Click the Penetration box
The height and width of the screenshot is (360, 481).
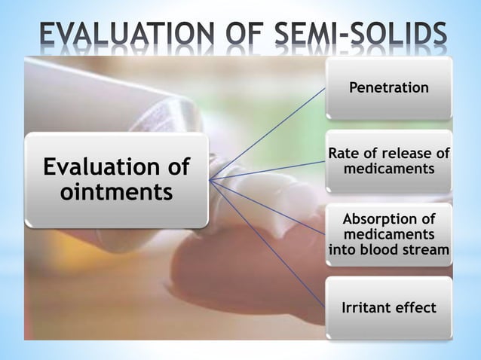pyautogui.click(x=388, y=88)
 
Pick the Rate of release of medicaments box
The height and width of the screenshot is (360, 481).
pyautogui.click(x=388, y=161)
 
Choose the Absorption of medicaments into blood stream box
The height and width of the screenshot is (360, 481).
pyautogui.click(x=388, y=233)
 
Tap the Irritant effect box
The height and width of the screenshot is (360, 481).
pyautogui.click(x=388, y=307)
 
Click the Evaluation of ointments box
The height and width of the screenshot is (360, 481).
pyautogui.click(x=116, y=179)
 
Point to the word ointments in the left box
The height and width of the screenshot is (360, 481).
pyautogui.click(x=116, y=193)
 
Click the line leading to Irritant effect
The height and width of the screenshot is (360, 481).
pyautogui.click(x=271, y=249)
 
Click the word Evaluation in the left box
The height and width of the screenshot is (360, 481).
pyautogui.click(x=116, y=166)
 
